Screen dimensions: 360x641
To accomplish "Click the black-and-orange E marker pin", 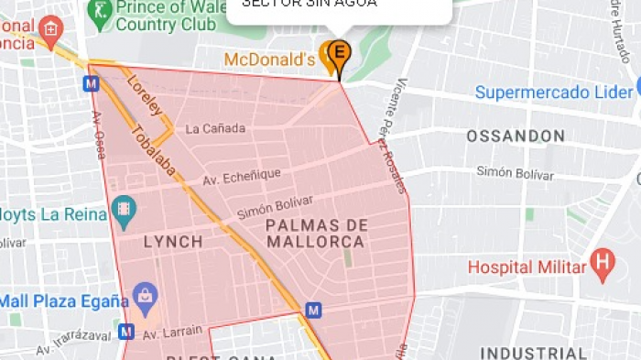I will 339,53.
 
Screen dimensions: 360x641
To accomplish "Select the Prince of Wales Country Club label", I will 169,16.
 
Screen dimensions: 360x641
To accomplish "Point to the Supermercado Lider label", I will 553,93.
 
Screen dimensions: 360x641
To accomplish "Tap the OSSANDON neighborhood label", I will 515,136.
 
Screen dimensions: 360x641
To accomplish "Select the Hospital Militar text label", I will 526,267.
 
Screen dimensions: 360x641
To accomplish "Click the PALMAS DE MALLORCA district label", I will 317,234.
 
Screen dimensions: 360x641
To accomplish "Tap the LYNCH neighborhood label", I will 173,242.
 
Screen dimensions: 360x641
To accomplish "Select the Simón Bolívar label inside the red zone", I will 275,206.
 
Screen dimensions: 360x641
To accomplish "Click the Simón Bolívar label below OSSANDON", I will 515,173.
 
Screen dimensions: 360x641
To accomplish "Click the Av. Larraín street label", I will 171,332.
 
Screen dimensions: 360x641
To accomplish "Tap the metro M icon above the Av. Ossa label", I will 91,83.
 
